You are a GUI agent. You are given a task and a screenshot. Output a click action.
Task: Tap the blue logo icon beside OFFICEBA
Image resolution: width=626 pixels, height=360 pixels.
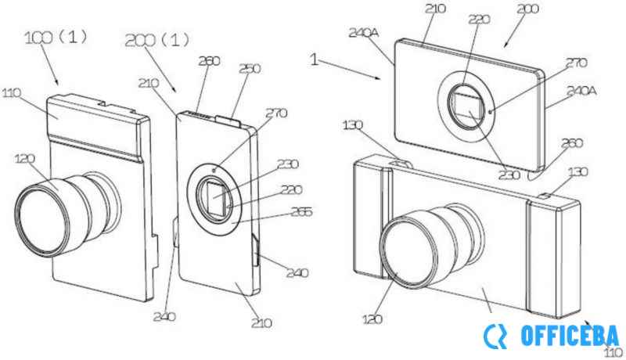[x=495, y=337]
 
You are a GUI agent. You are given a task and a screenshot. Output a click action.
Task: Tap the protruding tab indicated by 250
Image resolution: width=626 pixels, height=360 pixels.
[x=226, y=119]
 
